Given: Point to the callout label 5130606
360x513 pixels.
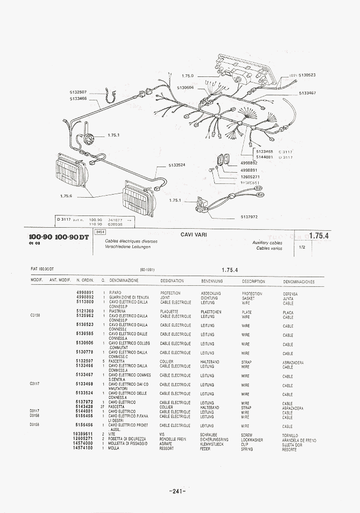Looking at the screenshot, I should [x=185, y=88].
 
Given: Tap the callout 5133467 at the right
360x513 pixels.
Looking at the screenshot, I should [x=308, y=93].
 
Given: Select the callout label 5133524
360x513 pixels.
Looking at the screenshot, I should [x=177, y=165].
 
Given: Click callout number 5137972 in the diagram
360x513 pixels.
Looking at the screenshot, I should [x=249, y=217].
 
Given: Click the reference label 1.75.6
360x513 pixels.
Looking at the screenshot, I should [x=66, y=196].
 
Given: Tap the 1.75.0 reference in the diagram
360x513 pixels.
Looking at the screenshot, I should [x=188, y=76].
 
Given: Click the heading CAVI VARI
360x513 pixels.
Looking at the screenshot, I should [x=193, y=235].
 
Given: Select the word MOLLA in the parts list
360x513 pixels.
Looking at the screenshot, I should [x=114, y=448].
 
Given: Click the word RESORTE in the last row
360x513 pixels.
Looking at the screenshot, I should [x=289, y=450].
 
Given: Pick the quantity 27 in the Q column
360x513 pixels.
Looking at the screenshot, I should [x=102, y=408].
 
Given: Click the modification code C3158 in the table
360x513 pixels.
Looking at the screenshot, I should [x=35, y=316].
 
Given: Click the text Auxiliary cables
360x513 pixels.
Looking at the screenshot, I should [x=267, y=243].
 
